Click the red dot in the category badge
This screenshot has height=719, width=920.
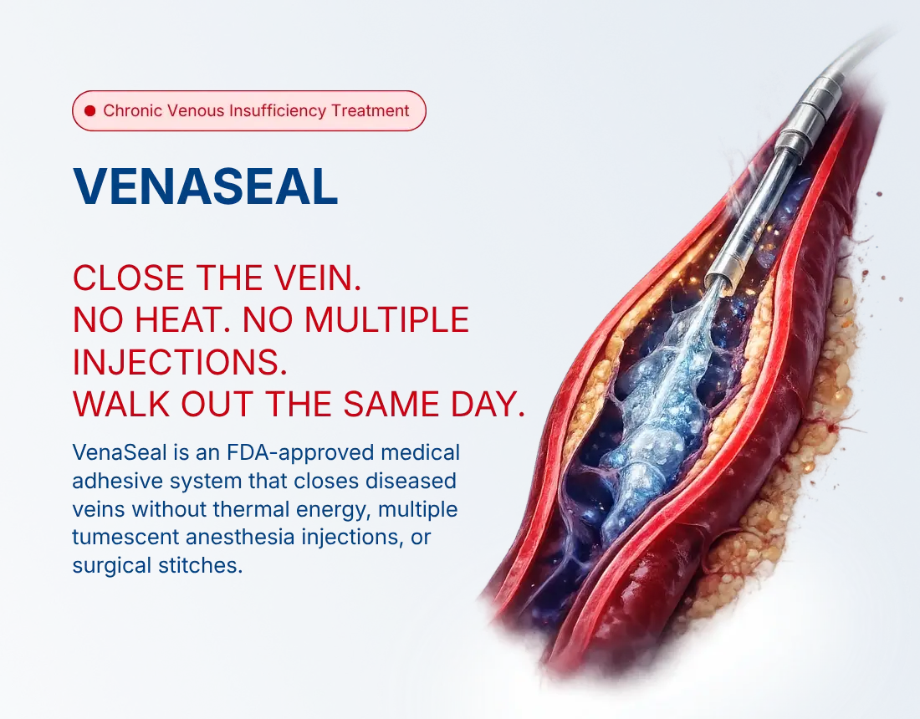[89, 111]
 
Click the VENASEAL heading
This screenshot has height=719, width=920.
[206, 186]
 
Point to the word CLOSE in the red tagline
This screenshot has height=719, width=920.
[129, 278]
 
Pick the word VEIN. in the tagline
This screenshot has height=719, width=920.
[321, 278]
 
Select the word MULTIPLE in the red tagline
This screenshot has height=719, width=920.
[386, 320]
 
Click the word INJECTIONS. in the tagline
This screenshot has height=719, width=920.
[180, 363]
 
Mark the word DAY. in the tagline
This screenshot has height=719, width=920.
[488, 405]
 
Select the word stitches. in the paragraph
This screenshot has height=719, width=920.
[200, 565]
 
